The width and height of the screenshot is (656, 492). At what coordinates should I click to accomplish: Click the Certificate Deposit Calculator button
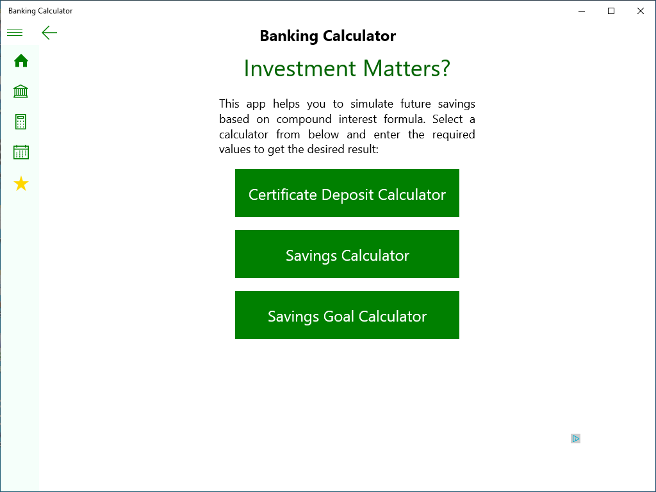347,193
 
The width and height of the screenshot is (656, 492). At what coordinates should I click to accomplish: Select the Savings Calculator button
347,254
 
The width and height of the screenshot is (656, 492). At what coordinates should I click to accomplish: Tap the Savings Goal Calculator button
347,315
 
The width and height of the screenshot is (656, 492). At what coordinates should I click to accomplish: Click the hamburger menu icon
15,32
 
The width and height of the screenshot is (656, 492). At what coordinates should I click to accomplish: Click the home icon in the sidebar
21,61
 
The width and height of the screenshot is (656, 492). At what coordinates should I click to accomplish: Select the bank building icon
20,91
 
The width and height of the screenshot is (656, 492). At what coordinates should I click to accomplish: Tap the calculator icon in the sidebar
20,122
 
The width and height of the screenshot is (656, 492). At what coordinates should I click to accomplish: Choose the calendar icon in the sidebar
21,152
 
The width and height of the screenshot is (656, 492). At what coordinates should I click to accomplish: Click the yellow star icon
21,184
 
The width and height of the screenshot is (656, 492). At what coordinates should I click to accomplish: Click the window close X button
641,11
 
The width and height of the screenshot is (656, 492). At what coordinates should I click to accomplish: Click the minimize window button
582,11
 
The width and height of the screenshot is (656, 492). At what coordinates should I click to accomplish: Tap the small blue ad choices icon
576,438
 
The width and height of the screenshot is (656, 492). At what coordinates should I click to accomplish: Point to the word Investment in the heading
300,68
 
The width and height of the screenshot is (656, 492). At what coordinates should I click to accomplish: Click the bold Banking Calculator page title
327,36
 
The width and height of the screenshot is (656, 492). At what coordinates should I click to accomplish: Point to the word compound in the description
304,119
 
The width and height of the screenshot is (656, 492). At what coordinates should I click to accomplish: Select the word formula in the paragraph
405,119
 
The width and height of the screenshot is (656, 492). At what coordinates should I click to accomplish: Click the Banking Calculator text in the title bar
40,11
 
